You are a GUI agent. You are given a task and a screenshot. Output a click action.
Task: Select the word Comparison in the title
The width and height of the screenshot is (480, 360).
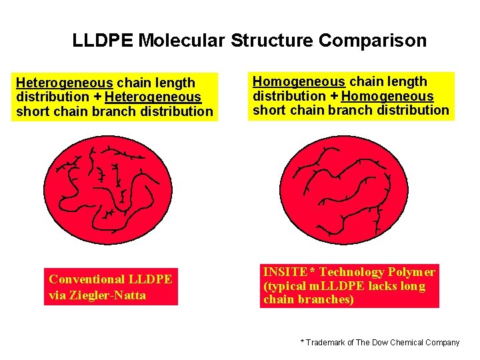tap(373, 41)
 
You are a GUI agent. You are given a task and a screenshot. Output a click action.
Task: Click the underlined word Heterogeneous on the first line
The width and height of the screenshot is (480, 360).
tap(64, 83)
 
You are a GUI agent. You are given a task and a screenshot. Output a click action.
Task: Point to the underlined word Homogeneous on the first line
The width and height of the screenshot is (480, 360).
tap(299, 81)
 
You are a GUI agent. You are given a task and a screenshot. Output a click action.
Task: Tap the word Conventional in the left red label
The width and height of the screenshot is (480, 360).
tap(87, 279)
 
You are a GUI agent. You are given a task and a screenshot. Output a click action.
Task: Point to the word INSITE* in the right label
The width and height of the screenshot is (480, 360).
tap(289, 272)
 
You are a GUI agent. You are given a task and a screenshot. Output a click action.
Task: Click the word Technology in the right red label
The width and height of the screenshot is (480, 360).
tap(351, 272)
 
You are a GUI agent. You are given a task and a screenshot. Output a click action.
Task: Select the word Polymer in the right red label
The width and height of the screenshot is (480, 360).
tap(412, 272)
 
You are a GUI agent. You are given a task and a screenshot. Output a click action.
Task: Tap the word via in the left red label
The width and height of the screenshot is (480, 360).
tap(59, 295)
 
